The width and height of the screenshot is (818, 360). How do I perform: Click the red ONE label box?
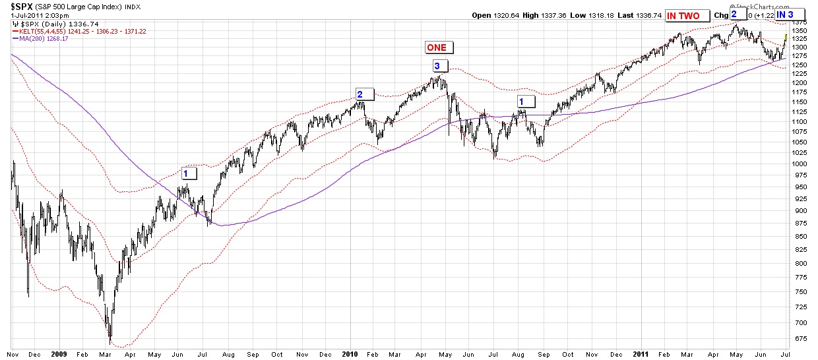(436, 47)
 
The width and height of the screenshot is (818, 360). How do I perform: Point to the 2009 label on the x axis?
(59, 354)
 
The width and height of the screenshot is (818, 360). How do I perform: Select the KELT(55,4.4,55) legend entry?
(46, 30)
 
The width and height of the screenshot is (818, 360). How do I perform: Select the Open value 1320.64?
(501, 16)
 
